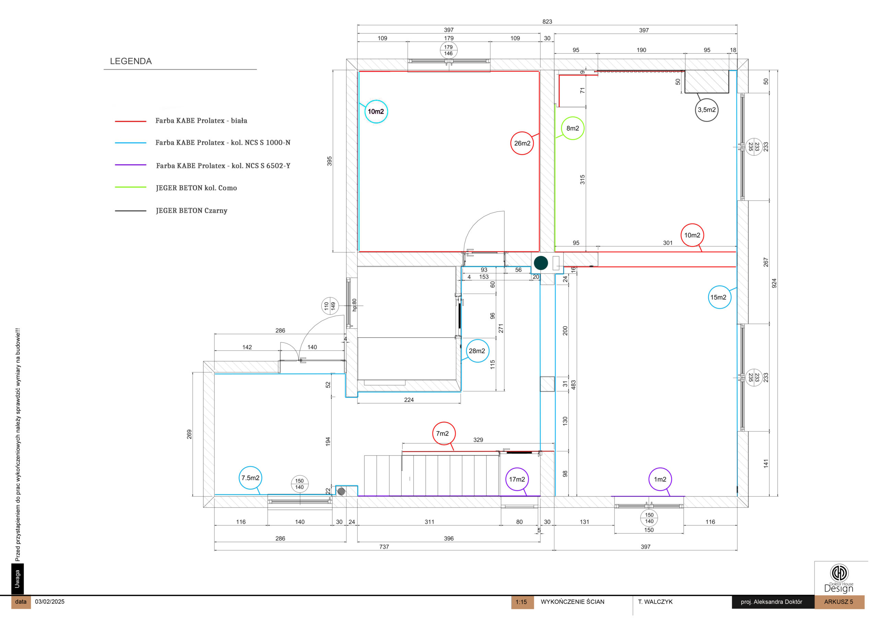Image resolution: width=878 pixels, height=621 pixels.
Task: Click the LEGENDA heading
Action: [x=131, y=61]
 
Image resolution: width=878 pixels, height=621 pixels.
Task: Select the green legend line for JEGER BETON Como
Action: [x=130, y=187]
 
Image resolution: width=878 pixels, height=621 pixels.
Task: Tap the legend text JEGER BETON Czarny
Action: [x=192, y=210]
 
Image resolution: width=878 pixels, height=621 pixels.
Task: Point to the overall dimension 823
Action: [x=547, y=22]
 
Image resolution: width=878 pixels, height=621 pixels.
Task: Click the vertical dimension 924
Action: [x=774, y=283]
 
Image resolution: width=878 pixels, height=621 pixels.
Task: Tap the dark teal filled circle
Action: [x=541, y=263]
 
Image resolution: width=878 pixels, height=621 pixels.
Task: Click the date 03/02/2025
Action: [x=50, y=601]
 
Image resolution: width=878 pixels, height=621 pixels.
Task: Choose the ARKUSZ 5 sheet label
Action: [x=838, y=602]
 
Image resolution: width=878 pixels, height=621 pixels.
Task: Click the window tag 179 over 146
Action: [x=449, y=50]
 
